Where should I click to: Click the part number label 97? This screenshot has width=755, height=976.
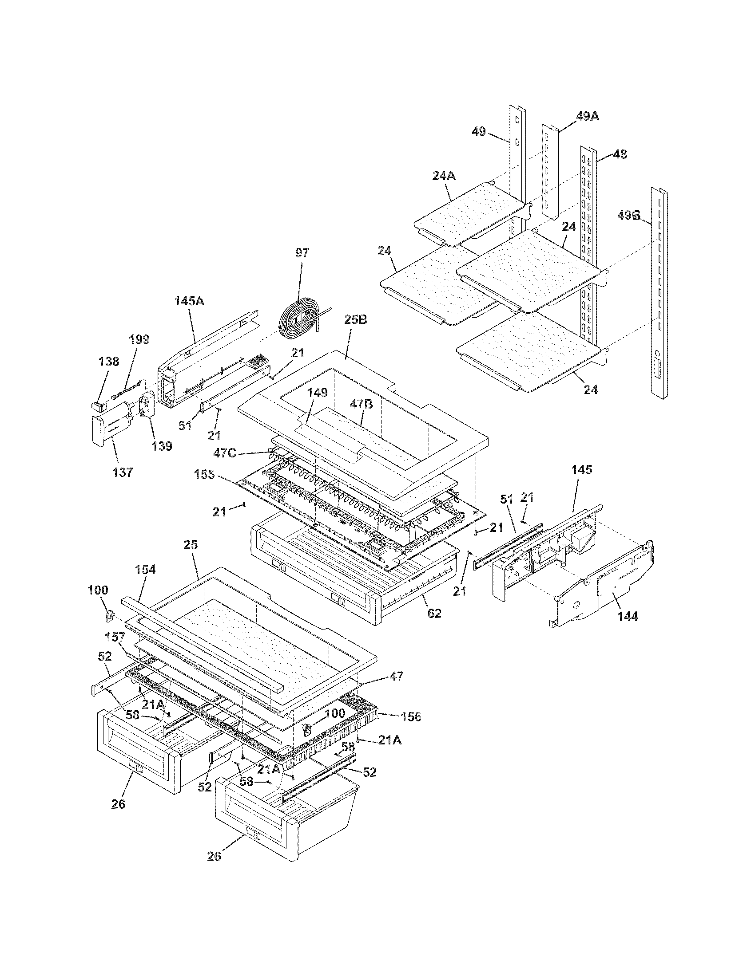tap(302, 253)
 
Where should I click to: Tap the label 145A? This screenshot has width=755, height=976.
tap(189, 301)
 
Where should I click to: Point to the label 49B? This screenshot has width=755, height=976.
tap(628, 216)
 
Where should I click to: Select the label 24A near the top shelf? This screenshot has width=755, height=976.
tap(444, 176)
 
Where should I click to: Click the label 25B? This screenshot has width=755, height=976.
tap(356, 320)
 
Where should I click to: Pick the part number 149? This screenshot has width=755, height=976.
tap(317, 393)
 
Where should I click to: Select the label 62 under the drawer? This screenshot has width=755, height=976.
tap(434, 613)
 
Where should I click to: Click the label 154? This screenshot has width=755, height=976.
tap(145, 569)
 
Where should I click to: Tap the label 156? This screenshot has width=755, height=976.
tap(411, 717)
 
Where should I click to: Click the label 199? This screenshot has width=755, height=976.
tap(139, 340)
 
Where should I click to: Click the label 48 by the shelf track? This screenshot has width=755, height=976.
tap(620, 154)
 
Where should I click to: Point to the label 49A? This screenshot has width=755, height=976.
tap(587, 117)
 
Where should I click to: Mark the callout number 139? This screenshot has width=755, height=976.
tap(162, 446)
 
